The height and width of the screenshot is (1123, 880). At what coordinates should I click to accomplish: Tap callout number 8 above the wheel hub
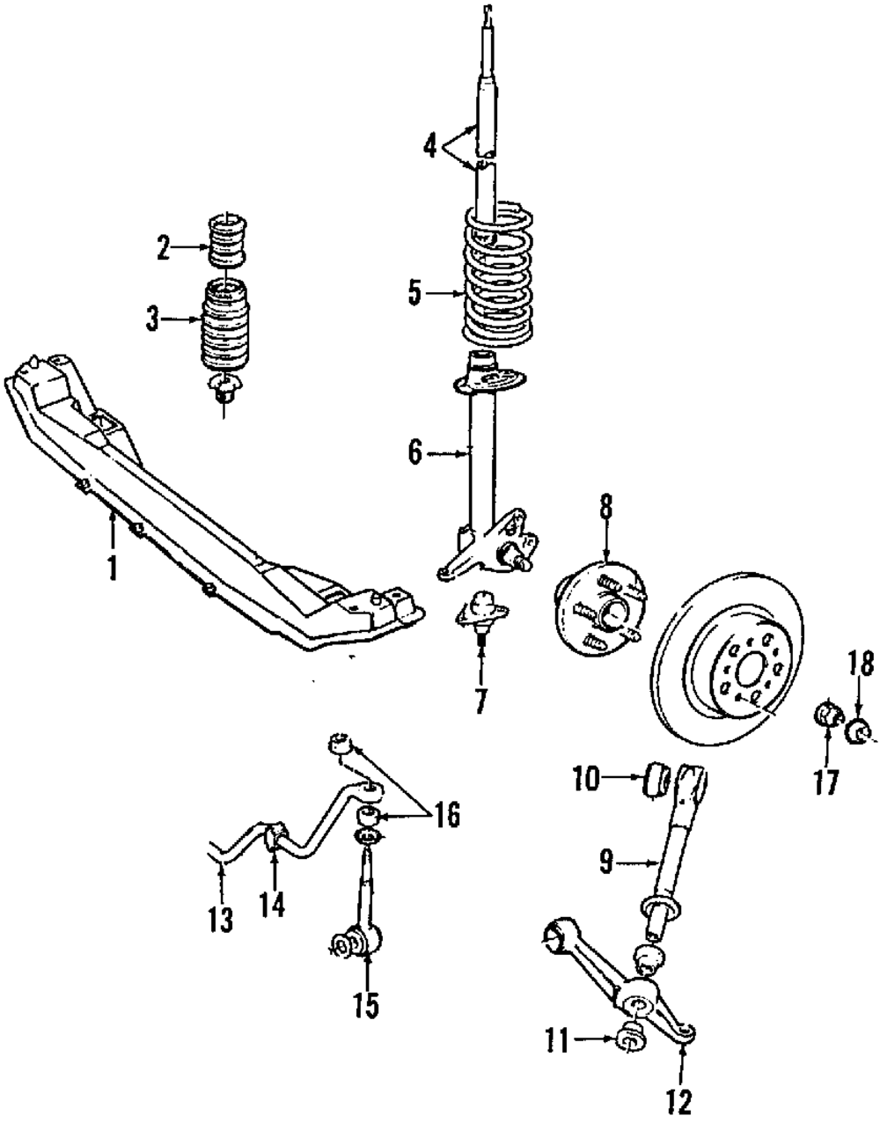605,508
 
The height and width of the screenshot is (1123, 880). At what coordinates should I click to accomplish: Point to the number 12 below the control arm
679,1100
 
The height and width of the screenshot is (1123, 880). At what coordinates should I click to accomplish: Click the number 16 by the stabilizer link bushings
446,816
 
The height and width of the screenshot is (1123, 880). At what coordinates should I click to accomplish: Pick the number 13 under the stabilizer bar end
221,920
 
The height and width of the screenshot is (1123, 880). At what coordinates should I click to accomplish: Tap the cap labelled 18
859,730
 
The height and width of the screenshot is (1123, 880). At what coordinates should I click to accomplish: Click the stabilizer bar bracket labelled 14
274,834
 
